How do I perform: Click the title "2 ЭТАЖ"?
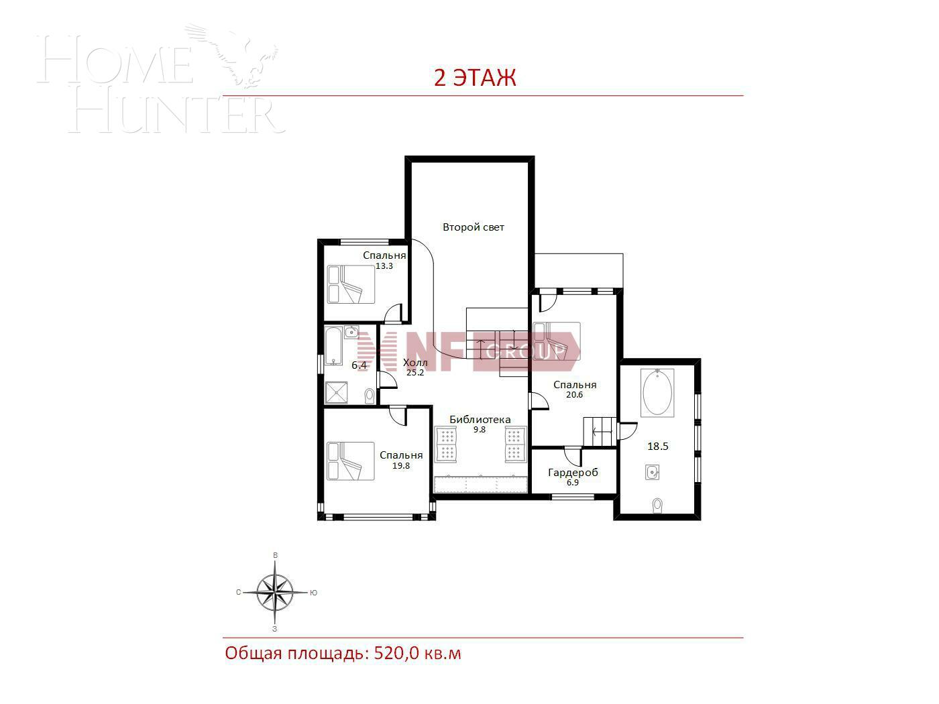pyautogui.click(x=475, y=78)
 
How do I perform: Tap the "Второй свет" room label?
pyautogui.click(x=473, y=227)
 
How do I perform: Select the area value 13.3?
pyautogui.click(x=384, y=266)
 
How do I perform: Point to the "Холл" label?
pyautogui.click(x=415, y=363)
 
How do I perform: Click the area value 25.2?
pyautogui.click(x=415, y=373)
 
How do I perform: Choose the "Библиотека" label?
pyautogui.click(x=480, y=420)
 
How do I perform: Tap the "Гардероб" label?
pyautogui.click(x=573, y=473)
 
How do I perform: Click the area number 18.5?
pyautogui.click(x=657, y=446)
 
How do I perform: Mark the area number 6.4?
pyautogui.click(x=359, y=365)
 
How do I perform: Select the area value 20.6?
pyautogui.click(x=574, y=395)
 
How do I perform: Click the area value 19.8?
pyautogui.click(x=401, y=465)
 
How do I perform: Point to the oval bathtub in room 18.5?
pyautogui.click(x=658, y=394)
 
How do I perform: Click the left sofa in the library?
pyautogui.click(x=445, y=444)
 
